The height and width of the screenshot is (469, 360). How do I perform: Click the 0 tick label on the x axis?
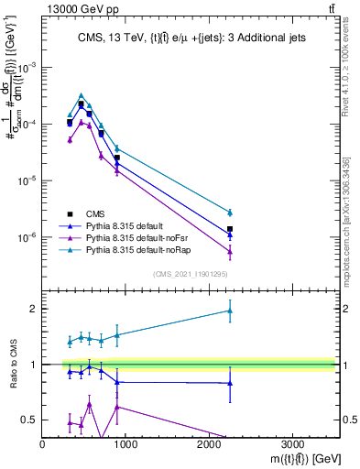(x=43, y=443)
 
